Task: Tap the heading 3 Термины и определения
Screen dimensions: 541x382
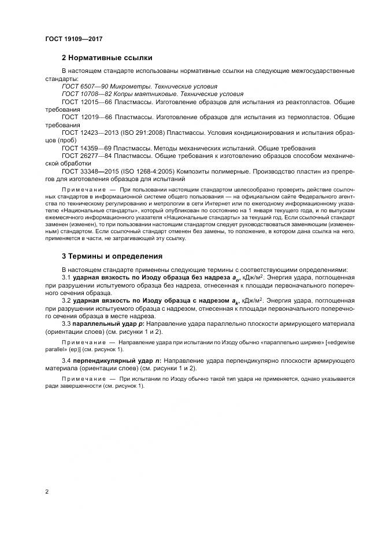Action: tap(112, 255)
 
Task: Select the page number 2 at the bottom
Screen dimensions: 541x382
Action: tap(47, 492)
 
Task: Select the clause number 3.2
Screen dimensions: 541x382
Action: tap(66, 302)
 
